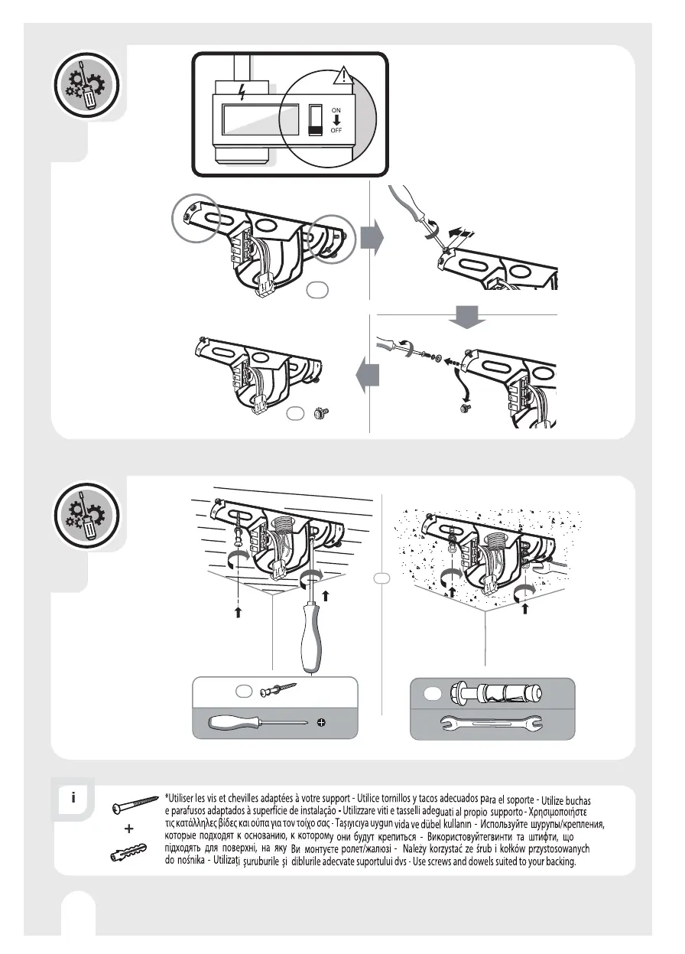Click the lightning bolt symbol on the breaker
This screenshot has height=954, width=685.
pyautogui.click(x=243, y=93)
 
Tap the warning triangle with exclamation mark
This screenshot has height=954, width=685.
pyautogui.click(x=345, y=76)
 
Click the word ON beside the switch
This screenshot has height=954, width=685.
pyautogui.click(x=336, y=110)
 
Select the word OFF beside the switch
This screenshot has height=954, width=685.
pyautogui.click(x=336, y=131)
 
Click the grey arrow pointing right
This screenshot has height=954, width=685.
pyautogui.click(x=372, y=239)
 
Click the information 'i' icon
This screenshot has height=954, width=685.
pyautogui.click(x=73, y=797)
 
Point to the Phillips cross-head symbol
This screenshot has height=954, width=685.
pyautogui.click(x=322, y=723)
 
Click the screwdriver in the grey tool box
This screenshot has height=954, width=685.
pyautogui.click(x=260, y=722)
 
